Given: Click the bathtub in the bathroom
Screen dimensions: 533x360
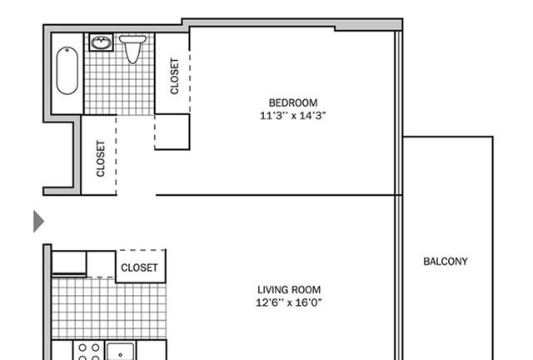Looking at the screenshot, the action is point(67,71).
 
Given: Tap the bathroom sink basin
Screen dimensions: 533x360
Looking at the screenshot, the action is point(101,42).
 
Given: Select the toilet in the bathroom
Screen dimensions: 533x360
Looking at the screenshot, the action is point(132,49).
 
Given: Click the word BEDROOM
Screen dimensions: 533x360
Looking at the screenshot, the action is point(293,102).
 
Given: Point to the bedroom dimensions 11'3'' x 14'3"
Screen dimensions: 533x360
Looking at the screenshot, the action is point(292,116).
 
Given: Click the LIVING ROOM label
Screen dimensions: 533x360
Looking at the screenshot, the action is point(289,289).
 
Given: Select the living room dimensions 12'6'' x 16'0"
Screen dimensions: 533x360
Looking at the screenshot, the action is point(289,302).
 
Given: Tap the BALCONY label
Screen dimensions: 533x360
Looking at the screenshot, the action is point(446,262).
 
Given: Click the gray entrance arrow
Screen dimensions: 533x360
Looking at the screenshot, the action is point(38,222).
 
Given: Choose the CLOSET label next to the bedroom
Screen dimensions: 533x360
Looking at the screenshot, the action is point(174,76).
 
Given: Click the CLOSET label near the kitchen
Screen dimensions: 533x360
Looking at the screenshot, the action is point(139,267).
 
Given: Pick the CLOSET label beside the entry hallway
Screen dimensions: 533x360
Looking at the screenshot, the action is point(101,158).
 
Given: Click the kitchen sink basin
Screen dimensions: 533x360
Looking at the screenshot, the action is point(121,352).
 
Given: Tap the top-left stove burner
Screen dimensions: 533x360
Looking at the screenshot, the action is point(82,347).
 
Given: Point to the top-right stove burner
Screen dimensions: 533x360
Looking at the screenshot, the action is point(96,347).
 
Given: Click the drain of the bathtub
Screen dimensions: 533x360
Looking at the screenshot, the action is point(67,51).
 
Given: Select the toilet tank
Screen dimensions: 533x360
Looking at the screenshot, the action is point(132,39).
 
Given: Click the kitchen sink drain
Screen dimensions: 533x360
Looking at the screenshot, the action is point(120,355).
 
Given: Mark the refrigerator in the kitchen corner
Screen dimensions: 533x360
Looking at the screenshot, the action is point(69,263).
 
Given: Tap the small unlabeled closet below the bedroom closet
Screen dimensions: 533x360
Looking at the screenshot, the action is point(172,132).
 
